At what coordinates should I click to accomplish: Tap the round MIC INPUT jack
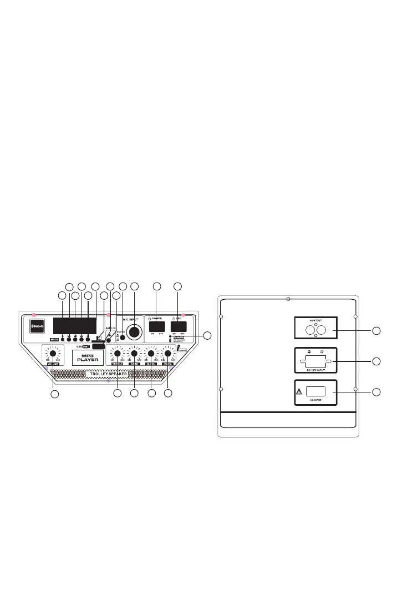[x=134, y=332]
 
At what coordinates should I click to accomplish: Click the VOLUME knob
[x=53, y=353]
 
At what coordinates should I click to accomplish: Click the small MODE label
[x=54, y=339]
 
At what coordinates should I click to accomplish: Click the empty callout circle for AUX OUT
[x=376, y=331]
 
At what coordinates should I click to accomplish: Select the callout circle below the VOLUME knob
[x=54, y=394]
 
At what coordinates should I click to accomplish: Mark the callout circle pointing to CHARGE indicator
[x=208, y=335]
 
